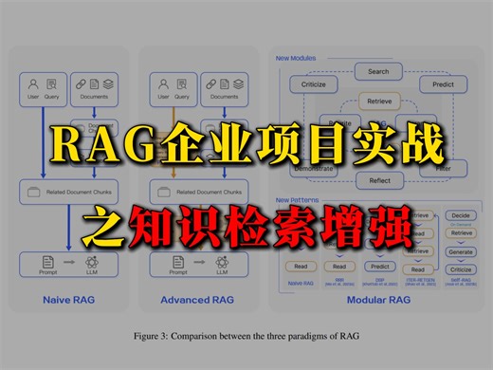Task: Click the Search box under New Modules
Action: click(x=378, y=71)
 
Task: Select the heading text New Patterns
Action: click(x=295, y=199)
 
